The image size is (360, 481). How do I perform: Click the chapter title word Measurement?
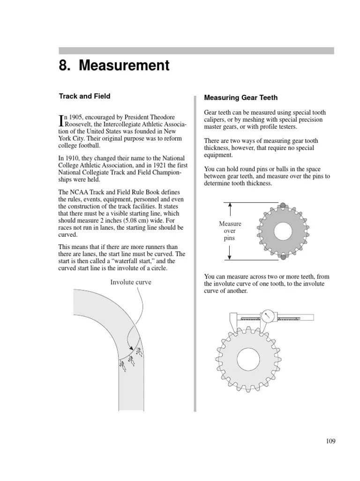(124, 66)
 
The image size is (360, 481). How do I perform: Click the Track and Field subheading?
(84, 96)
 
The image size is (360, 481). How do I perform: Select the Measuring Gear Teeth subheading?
(240, 98)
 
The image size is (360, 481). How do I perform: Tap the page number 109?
(330, 441)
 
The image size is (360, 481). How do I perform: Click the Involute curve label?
(131, 282)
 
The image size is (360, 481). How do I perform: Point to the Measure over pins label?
(230, 231)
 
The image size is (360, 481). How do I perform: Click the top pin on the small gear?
(283, 205)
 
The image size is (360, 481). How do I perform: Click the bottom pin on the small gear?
(283, 257)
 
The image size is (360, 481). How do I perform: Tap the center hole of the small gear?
(283, 231)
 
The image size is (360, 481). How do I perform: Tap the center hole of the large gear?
(248, 360)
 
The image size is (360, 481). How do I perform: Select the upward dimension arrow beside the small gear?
(230, 209)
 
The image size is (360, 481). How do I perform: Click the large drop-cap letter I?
(61, 120)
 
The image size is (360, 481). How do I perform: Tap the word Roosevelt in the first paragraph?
(78, 124)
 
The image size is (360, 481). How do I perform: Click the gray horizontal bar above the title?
(196, 51)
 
